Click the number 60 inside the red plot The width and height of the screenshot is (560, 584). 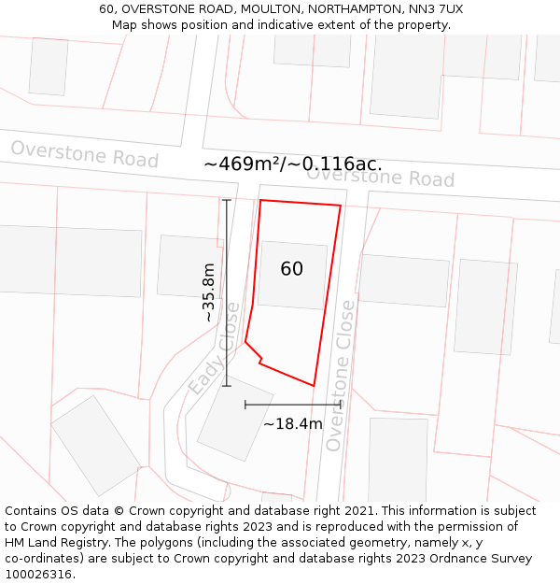(x=291, y=269)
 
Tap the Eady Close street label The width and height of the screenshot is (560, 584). (x=214, y=349)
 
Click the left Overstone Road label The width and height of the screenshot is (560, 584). (x=84, y=154)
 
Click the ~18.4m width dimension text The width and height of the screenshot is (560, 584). (x=292, y=424)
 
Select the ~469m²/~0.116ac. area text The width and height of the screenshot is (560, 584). (x=292, y=164)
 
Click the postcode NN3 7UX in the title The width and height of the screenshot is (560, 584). (x=436, y=9)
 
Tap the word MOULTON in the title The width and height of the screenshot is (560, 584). (x=218, y=9)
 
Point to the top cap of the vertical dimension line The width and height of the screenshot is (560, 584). (x=227, y=200)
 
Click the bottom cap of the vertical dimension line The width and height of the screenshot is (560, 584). (x=227, y=385)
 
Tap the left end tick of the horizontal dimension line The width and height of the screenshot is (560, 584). (x=245, y=405)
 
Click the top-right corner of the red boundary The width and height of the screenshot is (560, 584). (x=341, y=206)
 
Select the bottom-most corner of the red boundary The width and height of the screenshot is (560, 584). (x=314, y=385)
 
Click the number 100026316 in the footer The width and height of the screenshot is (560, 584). (x=38, y=575)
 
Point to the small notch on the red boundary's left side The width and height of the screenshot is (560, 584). (x=259, y=360)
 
